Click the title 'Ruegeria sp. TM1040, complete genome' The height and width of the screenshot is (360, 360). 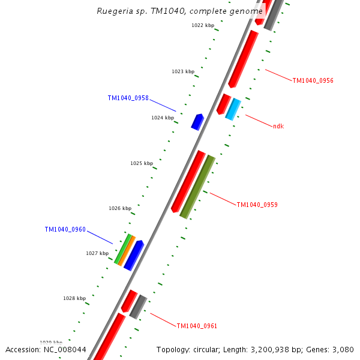pyautogui.click(x=179, y=11)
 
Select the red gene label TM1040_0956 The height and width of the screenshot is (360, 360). pyautogui.click(x=313, y=80)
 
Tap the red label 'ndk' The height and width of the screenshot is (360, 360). pyautogui.click(x=278, y=126)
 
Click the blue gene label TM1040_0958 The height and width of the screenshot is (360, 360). pyautogui.click(x=128, y=98)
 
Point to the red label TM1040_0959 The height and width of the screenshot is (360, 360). pyautogui.click(x=257, y=205)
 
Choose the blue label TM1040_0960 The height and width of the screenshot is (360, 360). pyautogui.click(x=65, y=230)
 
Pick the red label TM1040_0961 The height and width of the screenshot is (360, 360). pyautogui.click(x=197, y=326)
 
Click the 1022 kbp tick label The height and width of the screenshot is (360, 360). pyautogui.click(x=203, y=25)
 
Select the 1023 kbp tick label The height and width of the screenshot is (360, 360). pyautogui.click(x=183, y=71)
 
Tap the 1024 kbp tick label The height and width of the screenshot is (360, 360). pyautogui.click(x=163, y=118)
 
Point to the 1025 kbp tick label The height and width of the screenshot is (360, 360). pyautogui.click(x=142, y=163)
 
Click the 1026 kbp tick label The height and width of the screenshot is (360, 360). pyautogui.click(x=120, y=209)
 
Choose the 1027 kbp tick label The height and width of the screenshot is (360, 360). pyautogui.click(x=97, y=253)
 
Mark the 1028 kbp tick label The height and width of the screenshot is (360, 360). pyautogui.click(x=74, y=298)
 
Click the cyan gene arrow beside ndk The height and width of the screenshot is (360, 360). pyautogui.click(x=233, y=109)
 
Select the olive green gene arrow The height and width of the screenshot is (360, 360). pyautogui.click(x=197, y=187)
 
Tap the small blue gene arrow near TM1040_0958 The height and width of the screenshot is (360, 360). pyautogui.click(x=197, y=122)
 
